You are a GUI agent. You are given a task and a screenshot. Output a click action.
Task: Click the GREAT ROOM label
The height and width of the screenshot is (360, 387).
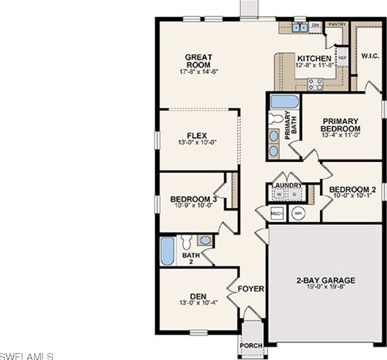(199, 61)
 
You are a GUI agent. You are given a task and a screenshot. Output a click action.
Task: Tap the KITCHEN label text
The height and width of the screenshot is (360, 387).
(314, 58)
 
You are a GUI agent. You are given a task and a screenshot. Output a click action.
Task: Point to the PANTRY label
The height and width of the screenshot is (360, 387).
(337, 24)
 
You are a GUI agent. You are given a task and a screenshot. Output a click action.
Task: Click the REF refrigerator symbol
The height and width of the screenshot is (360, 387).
(342, 58)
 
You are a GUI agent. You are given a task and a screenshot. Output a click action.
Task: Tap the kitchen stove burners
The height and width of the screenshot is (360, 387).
(315, 84)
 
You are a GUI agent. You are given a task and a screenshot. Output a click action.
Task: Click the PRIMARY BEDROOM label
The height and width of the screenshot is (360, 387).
(340, 125)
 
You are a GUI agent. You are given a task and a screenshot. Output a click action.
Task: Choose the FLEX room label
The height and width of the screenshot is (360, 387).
(197, 136)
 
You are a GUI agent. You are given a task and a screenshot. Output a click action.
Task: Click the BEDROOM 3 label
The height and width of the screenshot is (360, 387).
(193, 199)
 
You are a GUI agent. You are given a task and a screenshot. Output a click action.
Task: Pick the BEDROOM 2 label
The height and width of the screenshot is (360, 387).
(352, 190)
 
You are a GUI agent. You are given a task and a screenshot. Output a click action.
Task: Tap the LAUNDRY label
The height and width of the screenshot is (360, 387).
(288, 184)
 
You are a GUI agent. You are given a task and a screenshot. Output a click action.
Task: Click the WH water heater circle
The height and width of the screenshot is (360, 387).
(298, 213)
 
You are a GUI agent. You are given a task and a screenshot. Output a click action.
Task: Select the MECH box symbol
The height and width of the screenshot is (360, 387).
(277, 213)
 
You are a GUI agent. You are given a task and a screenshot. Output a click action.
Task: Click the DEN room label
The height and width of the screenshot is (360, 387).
(197, 296)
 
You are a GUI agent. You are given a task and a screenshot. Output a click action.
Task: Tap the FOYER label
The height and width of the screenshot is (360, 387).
(251, 289)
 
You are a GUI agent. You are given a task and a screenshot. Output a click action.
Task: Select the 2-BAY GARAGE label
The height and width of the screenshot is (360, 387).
(325, 280)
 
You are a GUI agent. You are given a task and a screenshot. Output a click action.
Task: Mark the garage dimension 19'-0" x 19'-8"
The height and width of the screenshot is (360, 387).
(325, 288)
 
